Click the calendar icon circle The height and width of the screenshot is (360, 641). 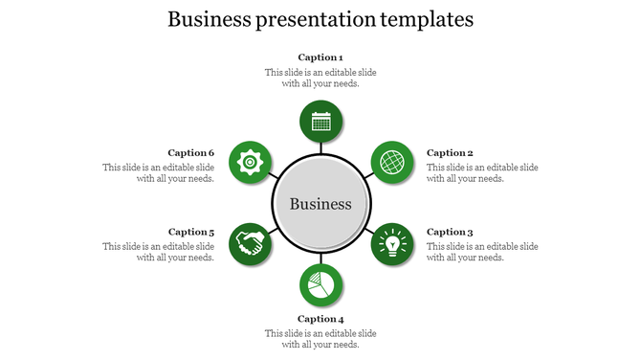click(320, 122)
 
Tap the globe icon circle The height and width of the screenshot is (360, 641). click(391, 162)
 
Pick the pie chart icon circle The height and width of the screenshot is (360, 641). click(320, 285)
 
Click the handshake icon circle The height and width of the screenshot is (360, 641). click(250, 243)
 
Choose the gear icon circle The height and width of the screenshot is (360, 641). click(250, 162)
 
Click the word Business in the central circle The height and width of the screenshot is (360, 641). click(320, 204)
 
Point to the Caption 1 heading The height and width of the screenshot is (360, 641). click(320, 57)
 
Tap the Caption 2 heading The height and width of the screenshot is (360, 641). click(450, 153)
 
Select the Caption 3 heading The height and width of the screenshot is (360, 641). click(450, 232)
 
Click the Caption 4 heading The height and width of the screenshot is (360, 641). click(320, 319)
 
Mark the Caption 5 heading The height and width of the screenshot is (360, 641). click(191, 232)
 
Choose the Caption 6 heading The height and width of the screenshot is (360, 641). click(191, 153)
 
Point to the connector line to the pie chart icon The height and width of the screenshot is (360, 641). click(320, 260)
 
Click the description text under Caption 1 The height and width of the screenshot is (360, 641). click(320, 78)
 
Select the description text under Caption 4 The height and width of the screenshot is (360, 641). click(320, 339)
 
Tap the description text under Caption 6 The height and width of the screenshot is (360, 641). click(159, 172)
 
